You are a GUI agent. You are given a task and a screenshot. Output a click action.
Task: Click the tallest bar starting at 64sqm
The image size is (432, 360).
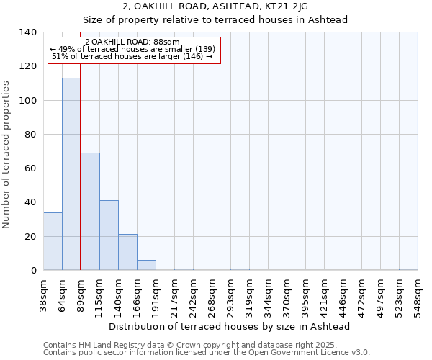tap(71, 174)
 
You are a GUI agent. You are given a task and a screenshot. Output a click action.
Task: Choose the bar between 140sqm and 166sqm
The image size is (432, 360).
tap(127, 252)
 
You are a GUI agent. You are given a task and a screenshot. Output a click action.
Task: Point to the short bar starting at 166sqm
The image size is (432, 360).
tap(146, 265)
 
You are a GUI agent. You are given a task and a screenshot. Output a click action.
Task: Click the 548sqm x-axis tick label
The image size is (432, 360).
tap(418, 296)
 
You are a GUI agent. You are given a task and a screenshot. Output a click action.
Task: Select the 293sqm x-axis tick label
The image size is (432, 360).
tap(230, 296)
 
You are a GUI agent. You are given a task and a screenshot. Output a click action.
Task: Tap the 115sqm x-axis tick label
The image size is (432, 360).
tap(99, 296)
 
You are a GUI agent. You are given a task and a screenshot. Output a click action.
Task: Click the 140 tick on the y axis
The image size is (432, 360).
tap(28, 32)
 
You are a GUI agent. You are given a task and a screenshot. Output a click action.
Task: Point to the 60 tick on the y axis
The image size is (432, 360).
tap(31, 168)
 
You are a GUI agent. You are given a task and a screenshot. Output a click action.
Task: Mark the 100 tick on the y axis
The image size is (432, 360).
tap(28, 100)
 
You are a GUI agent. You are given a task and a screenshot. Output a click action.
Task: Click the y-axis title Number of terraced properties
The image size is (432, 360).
tap(7, 154)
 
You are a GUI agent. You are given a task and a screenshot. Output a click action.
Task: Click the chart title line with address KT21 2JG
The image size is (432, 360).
tap(215, 6)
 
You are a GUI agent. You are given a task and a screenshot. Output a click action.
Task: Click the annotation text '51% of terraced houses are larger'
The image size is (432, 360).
tap(132, 56)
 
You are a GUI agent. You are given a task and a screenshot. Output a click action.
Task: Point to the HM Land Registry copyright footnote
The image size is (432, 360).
tap(205, 345)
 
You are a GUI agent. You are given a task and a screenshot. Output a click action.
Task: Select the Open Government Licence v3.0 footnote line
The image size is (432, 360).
tap(207, 353)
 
